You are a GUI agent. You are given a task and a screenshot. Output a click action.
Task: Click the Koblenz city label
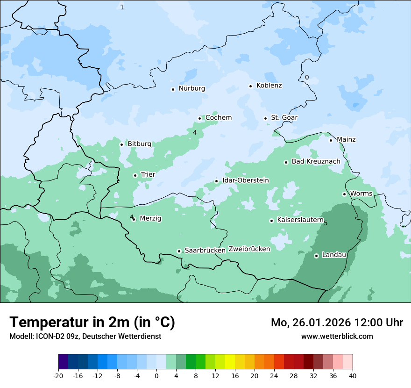click(x=269, y=86)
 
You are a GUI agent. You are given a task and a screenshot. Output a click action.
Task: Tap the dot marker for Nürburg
click(x=173, y=89)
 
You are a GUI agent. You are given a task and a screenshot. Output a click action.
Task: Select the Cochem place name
click(x=219, y=118)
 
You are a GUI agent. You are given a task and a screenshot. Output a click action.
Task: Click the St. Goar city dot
click(x=265, y=118)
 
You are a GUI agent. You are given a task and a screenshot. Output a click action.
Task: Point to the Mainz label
click(x=346, y=140)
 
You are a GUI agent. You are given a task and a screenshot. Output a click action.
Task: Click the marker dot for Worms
click(x=344, y=194)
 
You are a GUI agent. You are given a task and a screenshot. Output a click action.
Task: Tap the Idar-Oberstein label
click(x=245, y=180)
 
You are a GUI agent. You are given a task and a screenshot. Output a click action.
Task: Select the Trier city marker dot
click(x=135, y=175)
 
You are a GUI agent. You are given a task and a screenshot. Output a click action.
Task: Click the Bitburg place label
click(x=139, y=144)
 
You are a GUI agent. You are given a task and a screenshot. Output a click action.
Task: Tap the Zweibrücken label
click(x=249, y=249)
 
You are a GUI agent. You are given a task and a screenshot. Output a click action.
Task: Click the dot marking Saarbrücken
click(x=179, y=251)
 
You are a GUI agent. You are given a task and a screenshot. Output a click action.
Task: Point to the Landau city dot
click(x=316, y=256)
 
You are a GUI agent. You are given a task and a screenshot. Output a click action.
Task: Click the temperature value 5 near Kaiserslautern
click(x=326, y=223)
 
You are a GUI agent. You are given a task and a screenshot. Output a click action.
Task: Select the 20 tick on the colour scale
click(x=254, y=376)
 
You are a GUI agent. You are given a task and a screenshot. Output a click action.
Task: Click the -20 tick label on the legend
click(x=58, y=376)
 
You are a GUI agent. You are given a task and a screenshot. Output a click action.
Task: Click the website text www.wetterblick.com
click(x=337, y=337)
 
